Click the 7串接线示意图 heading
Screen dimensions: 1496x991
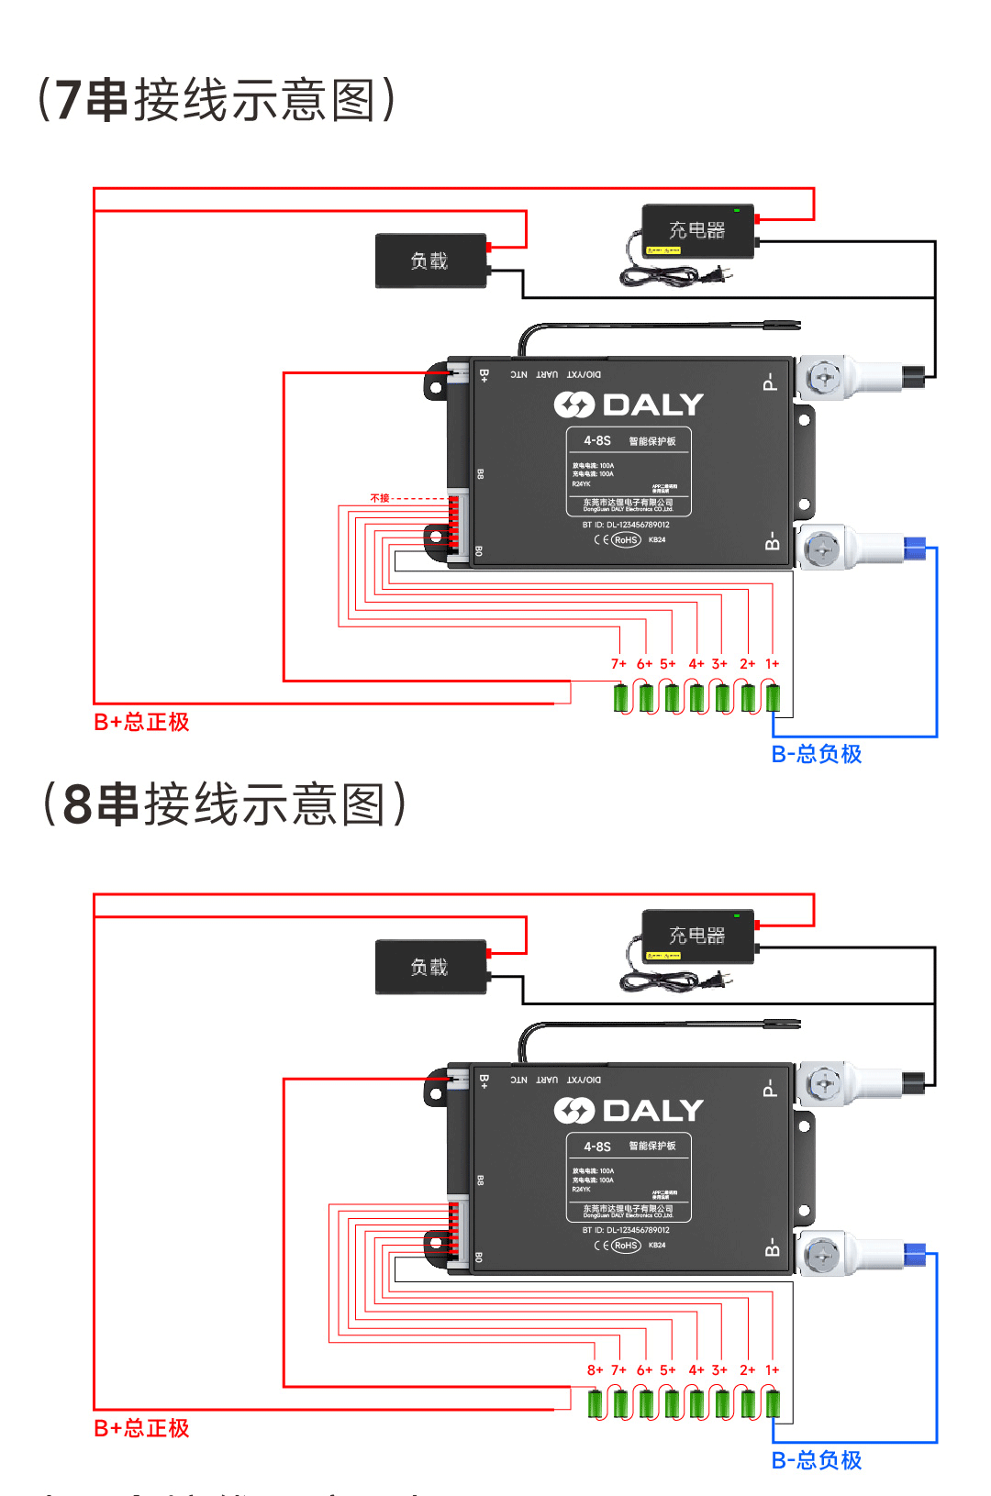click(x=217, y=100)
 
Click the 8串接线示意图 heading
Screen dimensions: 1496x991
click(x=225, y=804)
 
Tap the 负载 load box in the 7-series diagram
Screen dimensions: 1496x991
click(x=430, y=261)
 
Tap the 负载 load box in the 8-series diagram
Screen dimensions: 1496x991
click(x=430, y=967)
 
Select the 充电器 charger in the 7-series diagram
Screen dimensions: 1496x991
click(x=697, y=231)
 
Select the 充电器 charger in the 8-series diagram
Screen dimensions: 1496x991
click(x=697, y=936)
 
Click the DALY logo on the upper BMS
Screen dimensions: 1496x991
click(x=629, y=404)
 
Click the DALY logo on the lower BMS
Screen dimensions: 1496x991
click(x=629, y=1111)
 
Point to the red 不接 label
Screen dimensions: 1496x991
click(x=380, y=498)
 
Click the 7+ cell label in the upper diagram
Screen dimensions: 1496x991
click(x=618, y=664)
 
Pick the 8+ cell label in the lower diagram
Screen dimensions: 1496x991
click(x=595, y=1370)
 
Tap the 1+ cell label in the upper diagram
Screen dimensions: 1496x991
click(x=773, y=664)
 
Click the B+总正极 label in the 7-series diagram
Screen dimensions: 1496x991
click(x=141, y=723)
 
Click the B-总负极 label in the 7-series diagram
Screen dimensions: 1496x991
click(x=817, y=754)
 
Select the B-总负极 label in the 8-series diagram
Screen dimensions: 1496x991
click(x=817, y=1460)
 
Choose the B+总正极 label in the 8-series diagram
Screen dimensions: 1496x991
click(x=141, y=1429)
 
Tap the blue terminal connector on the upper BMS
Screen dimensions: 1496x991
click(x=915, y=549)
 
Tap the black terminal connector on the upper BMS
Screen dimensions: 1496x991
click(x=914, y=376)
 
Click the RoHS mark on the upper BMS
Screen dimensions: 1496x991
click(x=626, y=540)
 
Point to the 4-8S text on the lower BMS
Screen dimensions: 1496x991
click(x=597, y=1147)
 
